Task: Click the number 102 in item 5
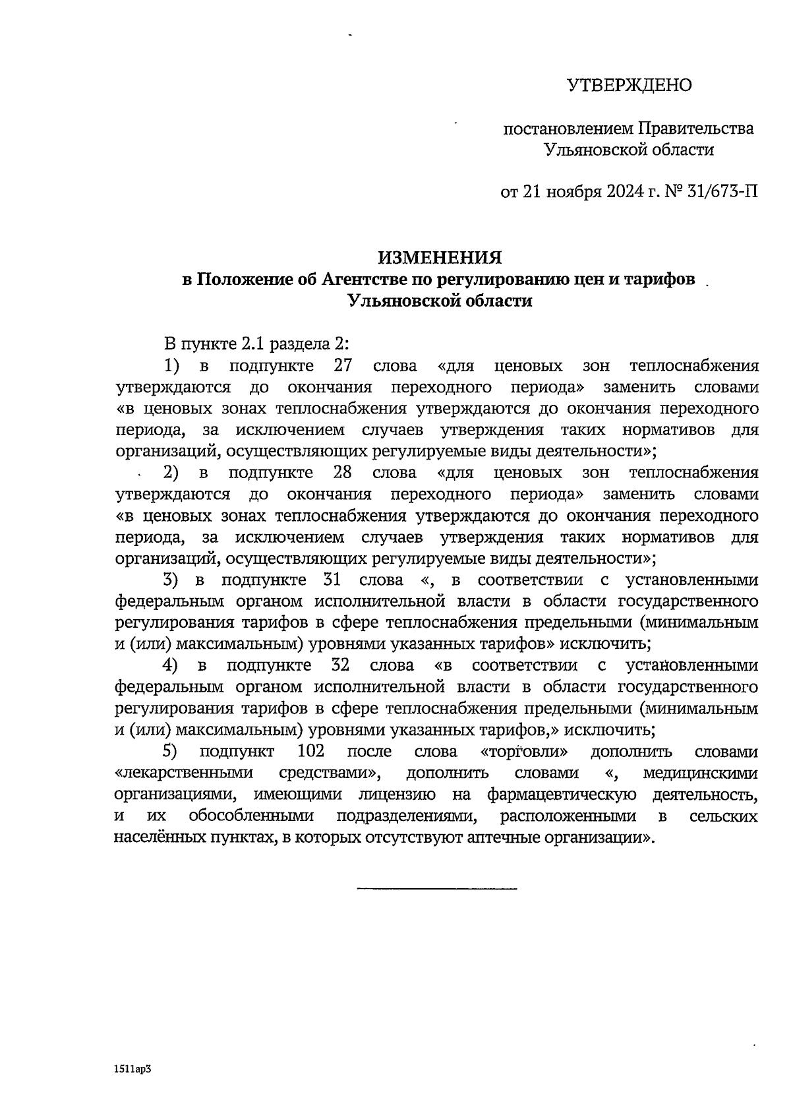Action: pyautogui.click(x=312, y=751)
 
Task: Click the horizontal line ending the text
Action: pyautogui.click(x=436, y=890)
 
